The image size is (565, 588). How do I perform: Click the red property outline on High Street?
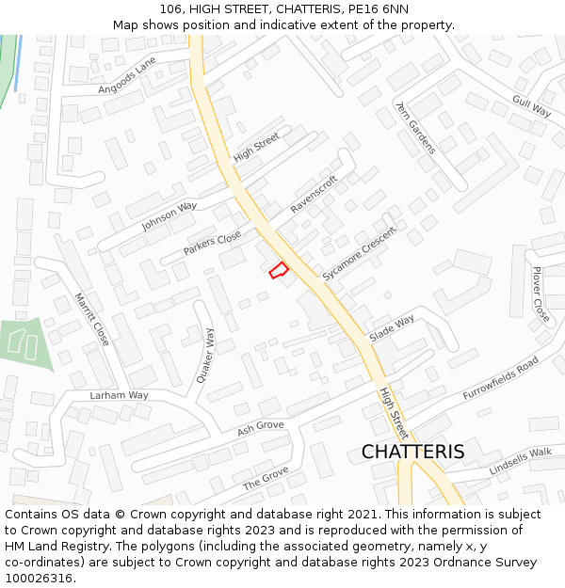pos(279,270)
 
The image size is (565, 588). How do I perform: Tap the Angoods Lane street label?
pos(127,75)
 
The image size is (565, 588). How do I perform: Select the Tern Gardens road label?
pos(415,128)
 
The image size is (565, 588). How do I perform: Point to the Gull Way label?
pos(532,104)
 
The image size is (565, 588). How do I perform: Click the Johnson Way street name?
pos(169,216)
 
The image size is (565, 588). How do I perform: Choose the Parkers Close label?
pos(212,244)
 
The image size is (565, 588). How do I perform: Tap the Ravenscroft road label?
pos(315,195)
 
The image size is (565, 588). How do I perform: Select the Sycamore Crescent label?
pos(360,253)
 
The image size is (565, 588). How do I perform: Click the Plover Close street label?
pos(541,294)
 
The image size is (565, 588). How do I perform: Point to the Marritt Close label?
pos(91,318)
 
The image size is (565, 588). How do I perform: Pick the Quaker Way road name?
pos(205,355)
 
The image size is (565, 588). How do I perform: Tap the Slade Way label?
pos(392,327)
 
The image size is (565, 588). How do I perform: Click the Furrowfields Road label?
pos(500,377)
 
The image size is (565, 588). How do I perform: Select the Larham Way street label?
pos(120,396)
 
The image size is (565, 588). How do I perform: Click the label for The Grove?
pos(266,479)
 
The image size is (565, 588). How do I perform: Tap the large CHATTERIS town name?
pos(412,452)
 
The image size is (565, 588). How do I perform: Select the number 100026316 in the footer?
pos(39,578)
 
